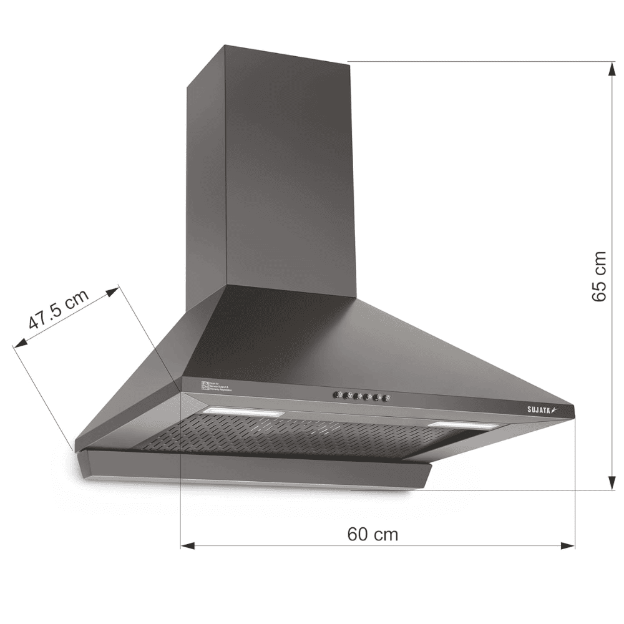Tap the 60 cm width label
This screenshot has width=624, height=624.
click(x=373, y=534)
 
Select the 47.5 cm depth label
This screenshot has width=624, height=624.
click(x=58, y=310)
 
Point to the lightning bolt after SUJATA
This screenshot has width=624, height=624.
click(x=551, y=409)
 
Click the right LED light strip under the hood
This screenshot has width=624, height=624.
click(x=463, y=425)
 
